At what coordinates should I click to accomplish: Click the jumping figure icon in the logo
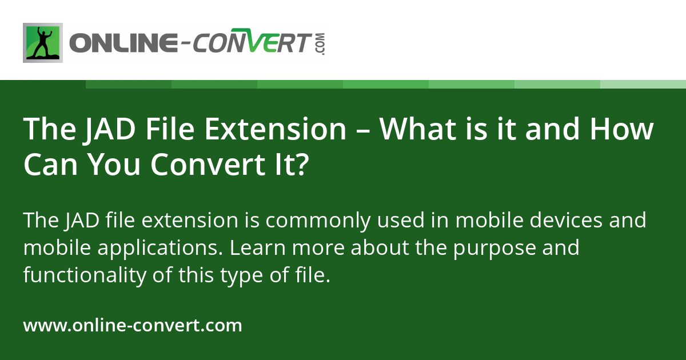tap(43, 43)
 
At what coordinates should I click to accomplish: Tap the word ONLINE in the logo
tap(121, 43)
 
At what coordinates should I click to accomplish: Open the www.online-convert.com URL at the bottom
tap(133, 326)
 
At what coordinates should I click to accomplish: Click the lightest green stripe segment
tap(643, 84)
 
